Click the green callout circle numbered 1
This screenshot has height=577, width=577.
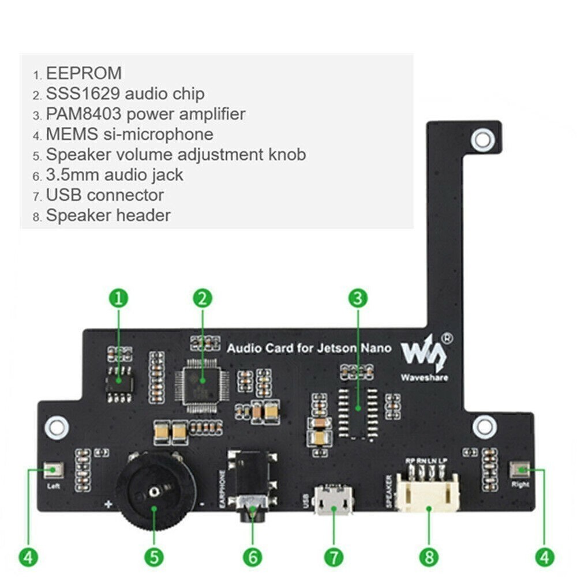(119, 298)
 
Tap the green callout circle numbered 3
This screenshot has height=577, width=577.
(358, 298)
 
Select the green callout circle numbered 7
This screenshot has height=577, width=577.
(334, 557)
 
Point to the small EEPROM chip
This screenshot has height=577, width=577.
(119, 381)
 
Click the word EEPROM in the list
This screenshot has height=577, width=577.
(84, 73)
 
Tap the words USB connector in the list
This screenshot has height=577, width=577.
(104, 195)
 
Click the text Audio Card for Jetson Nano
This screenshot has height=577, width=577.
(309, 349)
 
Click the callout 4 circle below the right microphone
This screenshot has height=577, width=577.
(544, 557)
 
